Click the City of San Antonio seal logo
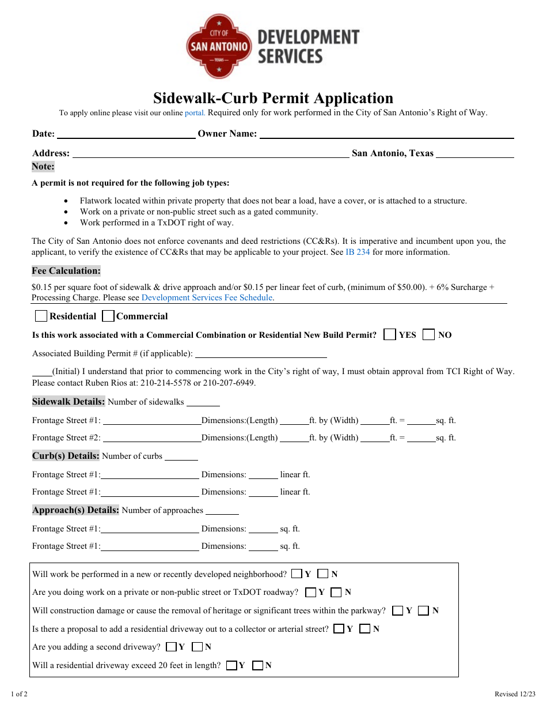(219, 46)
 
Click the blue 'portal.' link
(195, 113)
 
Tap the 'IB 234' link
(358, 252)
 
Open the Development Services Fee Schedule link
(207, 298)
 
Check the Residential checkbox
(41, 316)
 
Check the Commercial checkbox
(108, 316)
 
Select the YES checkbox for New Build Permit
(390, 335)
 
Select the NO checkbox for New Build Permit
(428, 335)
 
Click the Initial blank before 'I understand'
(41, 372)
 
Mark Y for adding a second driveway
(171, 647)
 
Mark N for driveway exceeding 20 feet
(258, 665)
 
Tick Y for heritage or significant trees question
(397, 610)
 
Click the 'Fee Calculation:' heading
(66, 271)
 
